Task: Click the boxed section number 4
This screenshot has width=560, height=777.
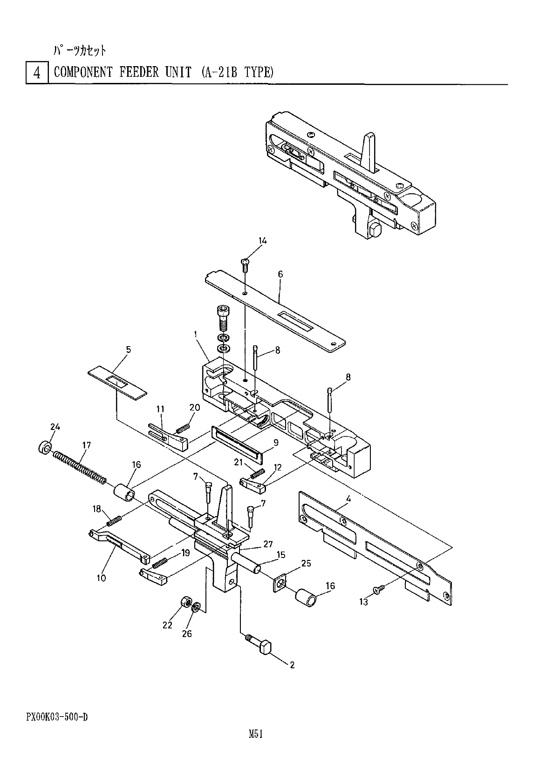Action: click(37, 73)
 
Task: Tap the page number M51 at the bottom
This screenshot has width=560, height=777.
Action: click(256, 735)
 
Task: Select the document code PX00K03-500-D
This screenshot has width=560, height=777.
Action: click(57, 716)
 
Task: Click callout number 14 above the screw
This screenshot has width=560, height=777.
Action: click(263, 241)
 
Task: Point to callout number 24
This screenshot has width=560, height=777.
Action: click(55, 427)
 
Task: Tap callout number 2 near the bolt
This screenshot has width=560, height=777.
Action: click(292, 665)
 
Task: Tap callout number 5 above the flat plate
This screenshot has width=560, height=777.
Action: click(128, 349)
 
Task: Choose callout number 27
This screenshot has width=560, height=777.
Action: click(268, 544)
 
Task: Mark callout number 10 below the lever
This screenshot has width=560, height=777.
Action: click(101, 578)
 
